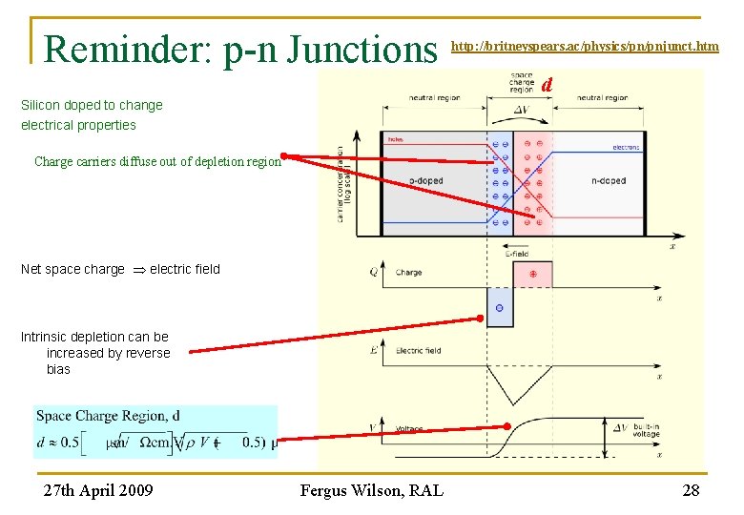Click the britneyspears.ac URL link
[x=584, y=46]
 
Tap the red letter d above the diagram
[x=547, y=85]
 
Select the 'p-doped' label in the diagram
[x=425, y=181]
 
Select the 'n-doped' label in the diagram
[x=608, y=181]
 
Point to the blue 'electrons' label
[x=626, y=148]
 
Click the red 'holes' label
[x=395, y=139]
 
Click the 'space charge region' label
[x=522, y=82]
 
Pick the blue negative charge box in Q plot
[x=500, y=308]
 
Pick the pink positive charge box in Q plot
[x=532, y=274]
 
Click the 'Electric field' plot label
[x=418, y=351]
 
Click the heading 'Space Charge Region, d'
[x=108, y=416]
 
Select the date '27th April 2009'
[x=97, y=490]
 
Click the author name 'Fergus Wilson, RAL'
[x=371, y=490]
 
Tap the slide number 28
[x=692, y=490]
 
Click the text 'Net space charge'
[x=72, y=269]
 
